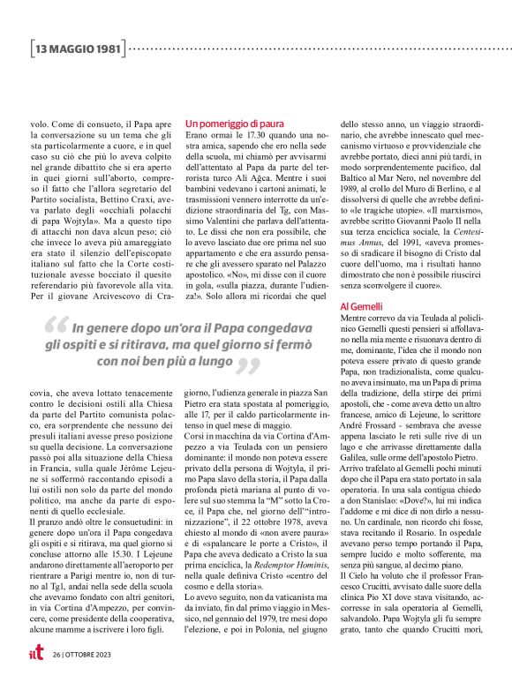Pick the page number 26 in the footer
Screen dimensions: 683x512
tap(56, 655)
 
